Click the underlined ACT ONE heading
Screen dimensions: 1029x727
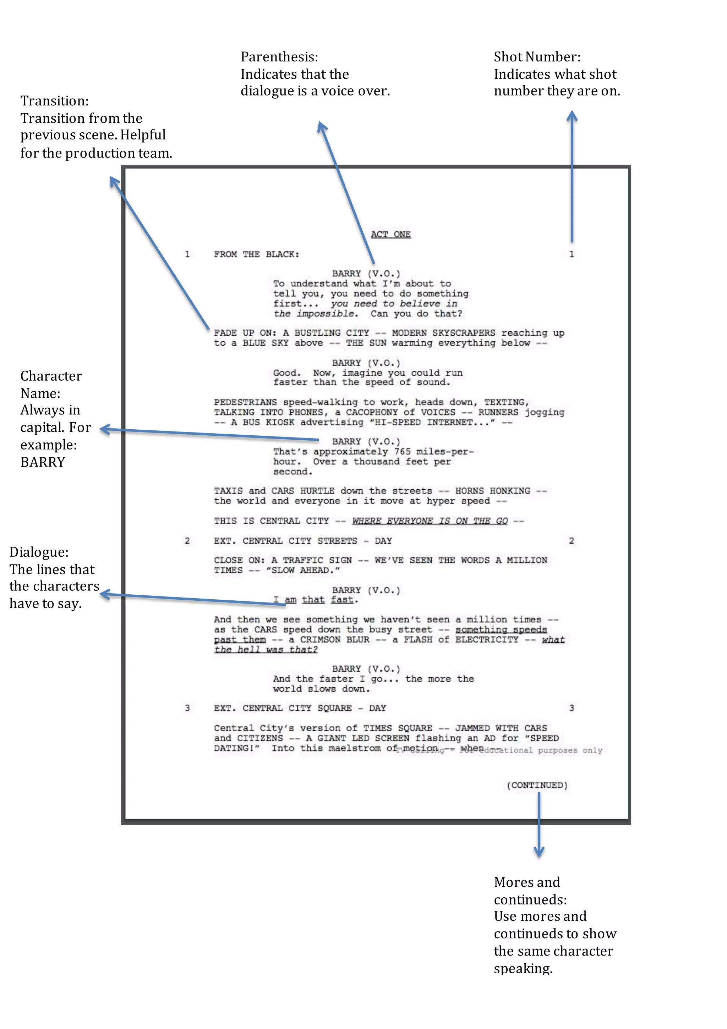click(390, 235)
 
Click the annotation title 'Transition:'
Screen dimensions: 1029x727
click(55, 101)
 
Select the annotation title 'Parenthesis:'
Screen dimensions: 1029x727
click(279, 57)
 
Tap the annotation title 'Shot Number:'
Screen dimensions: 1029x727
click(537, 57)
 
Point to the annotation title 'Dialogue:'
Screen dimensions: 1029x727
click(39, 552)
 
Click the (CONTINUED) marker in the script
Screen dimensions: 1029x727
click(537, 785)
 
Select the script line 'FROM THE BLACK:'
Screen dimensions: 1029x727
click(256, 254)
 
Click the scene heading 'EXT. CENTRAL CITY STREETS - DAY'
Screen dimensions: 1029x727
click(303, 541)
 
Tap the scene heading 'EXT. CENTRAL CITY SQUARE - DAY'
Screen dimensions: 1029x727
click(300, 708)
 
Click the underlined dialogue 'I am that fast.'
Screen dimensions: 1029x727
click(316, 600)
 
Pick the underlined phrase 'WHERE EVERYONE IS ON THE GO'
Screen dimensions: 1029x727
click(430, 521)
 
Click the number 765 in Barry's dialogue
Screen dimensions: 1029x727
click(402, 451)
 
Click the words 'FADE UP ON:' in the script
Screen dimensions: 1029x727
click(245, 333)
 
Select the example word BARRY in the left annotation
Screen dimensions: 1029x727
click(43, 462)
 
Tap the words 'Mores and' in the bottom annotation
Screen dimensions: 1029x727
click(527, 882)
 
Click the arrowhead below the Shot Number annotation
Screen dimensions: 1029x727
click(572, 116)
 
